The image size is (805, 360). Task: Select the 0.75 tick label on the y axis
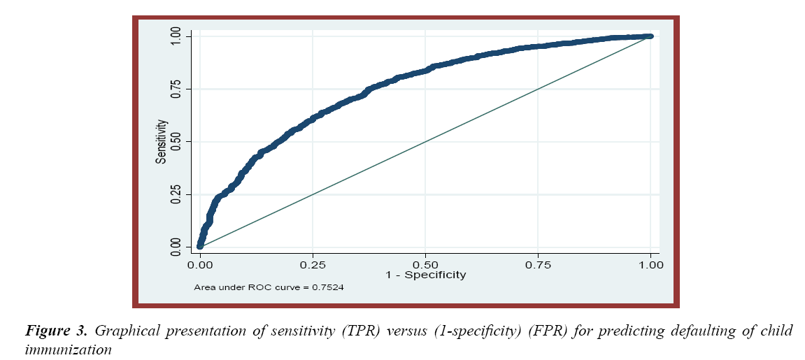[176, 89]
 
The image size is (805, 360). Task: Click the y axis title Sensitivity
[162, 141]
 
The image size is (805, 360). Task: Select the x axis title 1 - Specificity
[425, 275]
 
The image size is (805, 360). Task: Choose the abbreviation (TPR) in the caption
[359, 331]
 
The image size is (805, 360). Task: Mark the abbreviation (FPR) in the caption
[548, 331]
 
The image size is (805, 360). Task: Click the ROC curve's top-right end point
[650, 36]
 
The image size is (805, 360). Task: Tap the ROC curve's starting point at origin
[200, 245]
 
